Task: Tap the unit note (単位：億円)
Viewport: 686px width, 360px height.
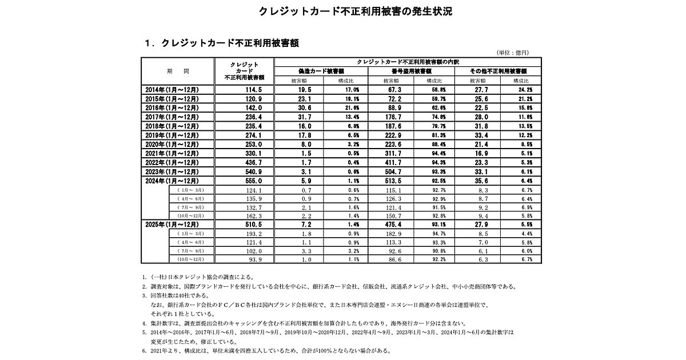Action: click(513, 53)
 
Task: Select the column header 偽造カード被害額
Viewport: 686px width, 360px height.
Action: click(321, 71)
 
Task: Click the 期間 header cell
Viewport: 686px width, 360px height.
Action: click(178, 71)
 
